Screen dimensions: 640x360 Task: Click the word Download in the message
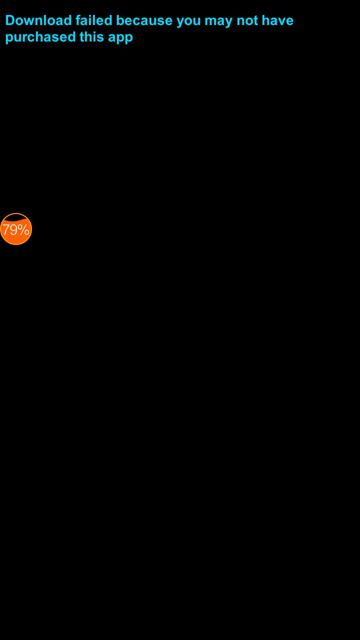coord(38,20)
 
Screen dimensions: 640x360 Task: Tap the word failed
coord(94,20)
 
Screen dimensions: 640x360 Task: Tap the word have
coord(277,20)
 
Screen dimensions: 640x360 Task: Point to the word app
coord(120,38)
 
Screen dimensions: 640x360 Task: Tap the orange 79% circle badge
coord(16,229)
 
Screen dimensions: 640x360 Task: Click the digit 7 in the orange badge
coord(5,230)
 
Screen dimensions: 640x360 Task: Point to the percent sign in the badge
coord(23,230)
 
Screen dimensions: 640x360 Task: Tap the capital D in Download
coord(10,20)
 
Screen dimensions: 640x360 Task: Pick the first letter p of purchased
coord(9,38)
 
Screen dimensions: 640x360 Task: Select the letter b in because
coord(120,20)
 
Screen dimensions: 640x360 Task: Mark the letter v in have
coord(281,21)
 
